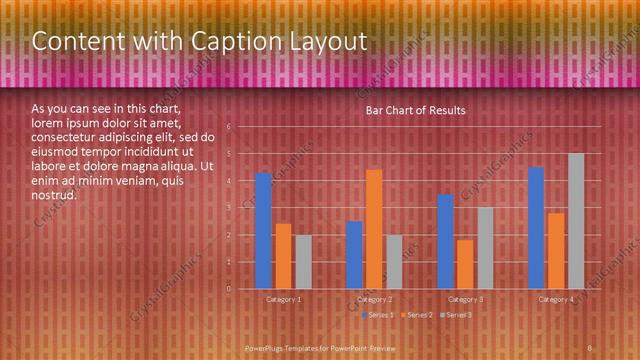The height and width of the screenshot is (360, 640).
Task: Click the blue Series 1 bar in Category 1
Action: pos(264,230)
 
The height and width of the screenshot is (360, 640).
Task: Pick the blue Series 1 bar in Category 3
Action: pos(446,241)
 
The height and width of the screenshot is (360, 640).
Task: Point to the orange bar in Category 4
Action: pos(556,250)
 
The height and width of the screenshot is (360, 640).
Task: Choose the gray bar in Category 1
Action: pos(303,261)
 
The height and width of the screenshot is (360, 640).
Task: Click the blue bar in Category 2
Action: pos(355,254)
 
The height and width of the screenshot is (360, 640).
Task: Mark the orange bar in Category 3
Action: pos(465,264)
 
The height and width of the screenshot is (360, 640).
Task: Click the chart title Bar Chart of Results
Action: pos(415,110)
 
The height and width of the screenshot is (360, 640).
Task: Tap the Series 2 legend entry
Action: pos(416,315)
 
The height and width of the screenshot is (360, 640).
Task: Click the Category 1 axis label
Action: pos(284,299)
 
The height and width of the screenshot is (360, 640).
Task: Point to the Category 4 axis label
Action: pos(556,299)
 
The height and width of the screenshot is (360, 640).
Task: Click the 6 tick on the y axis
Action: pos(229,127)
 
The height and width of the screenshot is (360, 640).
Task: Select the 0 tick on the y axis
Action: pos(229,289)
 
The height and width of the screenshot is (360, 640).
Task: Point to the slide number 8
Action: pos(590,347)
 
